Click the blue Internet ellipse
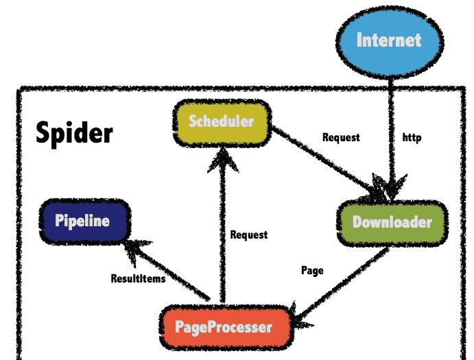(388, 40)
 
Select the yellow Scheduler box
(221, 123)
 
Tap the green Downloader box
(392, 222)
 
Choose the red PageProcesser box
(224, 327)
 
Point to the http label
(412, 138)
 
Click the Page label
(312, 270)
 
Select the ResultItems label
(138, 278)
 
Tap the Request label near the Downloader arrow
(341, 137)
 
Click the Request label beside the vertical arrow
(249, 235)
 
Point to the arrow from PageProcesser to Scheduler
(221, 233)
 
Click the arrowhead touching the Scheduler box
(221, 159)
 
